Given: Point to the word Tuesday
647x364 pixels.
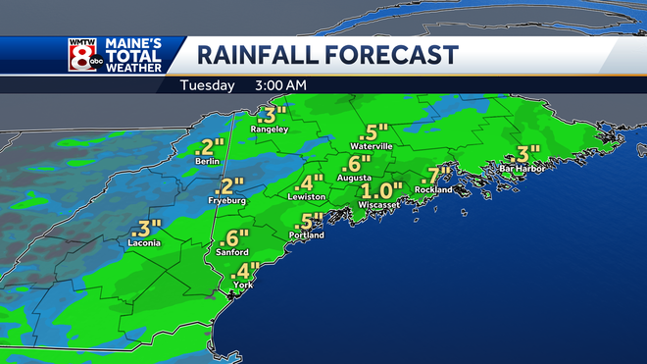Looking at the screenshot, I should (207, 85).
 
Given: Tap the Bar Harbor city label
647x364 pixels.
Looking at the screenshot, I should (520, 168).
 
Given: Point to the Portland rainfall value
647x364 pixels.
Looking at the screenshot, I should (310, 222).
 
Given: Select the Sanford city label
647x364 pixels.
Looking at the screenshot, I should (233, 252).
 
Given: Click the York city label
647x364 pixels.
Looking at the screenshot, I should (240, 285).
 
